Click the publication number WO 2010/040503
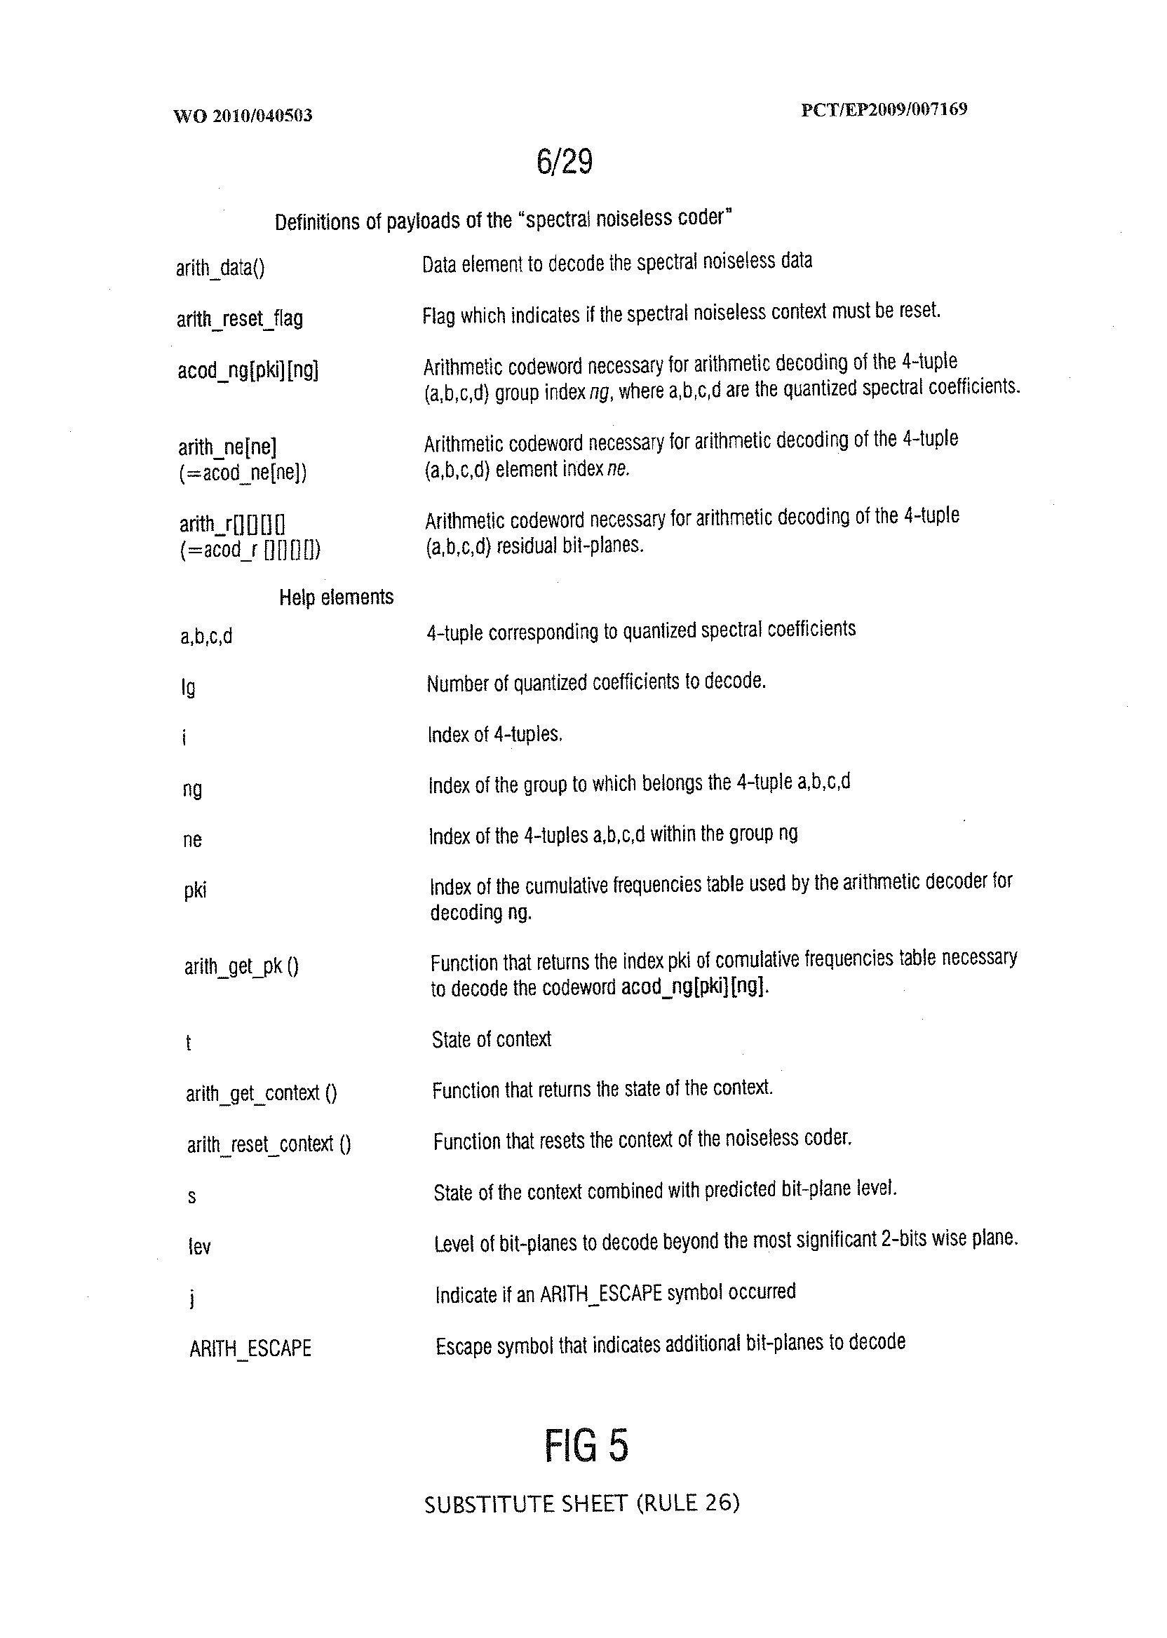[243, 116]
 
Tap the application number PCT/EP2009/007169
[884, 109]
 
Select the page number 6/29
[564, 162]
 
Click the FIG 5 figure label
[586, 1445]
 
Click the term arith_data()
[220, 268]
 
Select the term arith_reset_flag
[239, 318]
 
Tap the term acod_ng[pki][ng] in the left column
[248, 371]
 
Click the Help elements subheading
[337, 597]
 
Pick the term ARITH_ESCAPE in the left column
[250, 1348]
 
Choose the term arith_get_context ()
[261, 1093]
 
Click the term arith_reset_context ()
[269, 1144]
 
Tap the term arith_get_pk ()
[241, 967]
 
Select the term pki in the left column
[195, 891]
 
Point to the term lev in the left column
[199, 1247]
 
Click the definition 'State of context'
[492, 1040]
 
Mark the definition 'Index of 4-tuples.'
[494, 734]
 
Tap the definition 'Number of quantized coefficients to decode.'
[595, 682]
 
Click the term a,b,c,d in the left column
[206, 637]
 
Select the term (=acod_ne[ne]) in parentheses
[243, 473]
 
